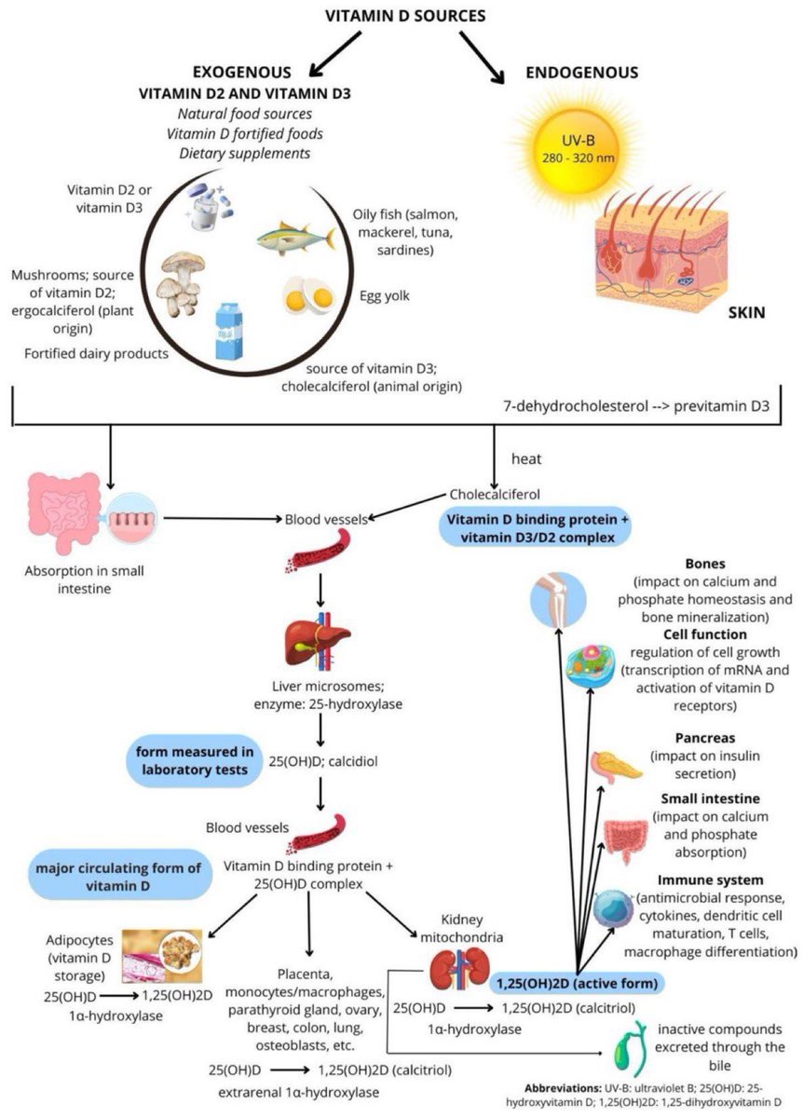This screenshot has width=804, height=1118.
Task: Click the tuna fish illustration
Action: coord(295,239)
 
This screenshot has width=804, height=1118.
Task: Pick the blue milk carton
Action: coord(232,331)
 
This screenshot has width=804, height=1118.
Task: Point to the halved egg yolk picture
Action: coord(308,295)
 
